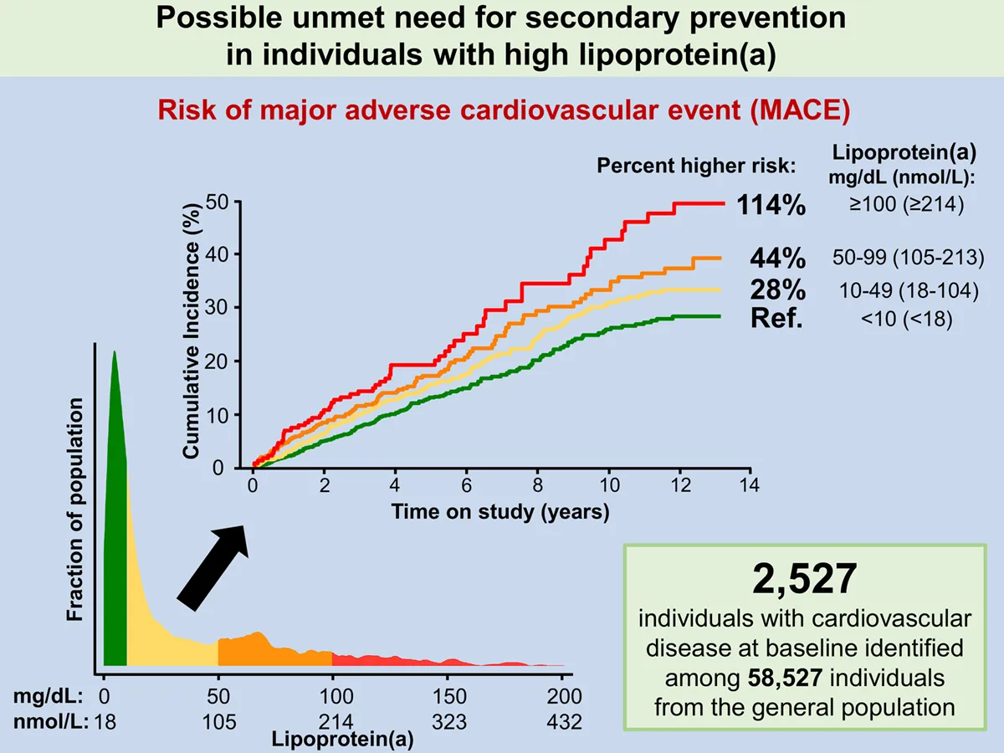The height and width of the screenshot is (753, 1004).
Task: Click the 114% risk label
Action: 771,204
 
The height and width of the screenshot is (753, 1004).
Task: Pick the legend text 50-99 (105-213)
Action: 909,259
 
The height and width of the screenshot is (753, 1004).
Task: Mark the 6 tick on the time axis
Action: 467,486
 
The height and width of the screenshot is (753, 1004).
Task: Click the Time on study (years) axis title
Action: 500,511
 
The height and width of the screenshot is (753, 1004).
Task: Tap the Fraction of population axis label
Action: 75,509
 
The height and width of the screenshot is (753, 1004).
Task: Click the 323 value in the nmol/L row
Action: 449,722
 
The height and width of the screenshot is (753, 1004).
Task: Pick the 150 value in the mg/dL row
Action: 449,697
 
